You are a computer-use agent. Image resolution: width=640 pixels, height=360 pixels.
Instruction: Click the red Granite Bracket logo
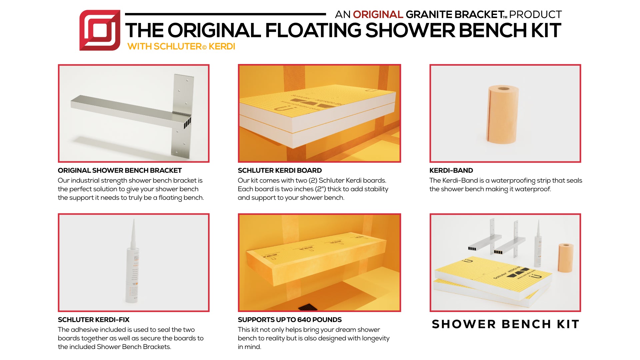pyautogui.click(x=100, y=30)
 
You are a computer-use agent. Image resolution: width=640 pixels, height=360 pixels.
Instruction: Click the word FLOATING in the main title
pyautogui.click(x=313, y=30)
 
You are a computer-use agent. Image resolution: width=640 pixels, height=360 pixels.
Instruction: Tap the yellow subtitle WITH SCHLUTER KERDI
pyautogui.click(x=181, y=46)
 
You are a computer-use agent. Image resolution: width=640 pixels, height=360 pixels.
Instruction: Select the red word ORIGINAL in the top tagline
pyautogui.click(x=378, y=15)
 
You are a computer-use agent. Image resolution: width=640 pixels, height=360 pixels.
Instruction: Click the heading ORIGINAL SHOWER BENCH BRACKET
pyautogui.click(x=120, y=170)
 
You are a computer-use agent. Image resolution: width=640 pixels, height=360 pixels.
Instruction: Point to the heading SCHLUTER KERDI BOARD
pyautogui.click(x=280, y=170)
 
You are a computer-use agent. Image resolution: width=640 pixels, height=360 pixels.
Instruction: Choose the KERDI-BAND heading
pyautogui.click(x=451, y=170)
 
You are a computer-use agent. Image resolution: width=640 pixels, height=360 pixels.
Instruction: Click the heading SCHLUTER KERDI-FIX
pyautogui.click(x=93, y=320)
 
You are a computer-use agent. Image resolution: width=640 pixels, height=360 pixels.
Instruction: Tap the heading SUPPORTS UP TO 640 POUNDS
pyautogui.click(x=290, y=320)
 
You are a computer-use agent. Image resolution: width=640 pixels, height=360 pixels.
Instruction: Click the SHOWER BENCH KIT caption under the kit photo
pyautogui.click(x=505, y=324)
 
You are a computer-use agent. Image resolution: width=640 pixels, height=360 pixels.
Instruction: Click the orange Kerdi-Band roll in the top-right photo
pyautogui.click(x=503, y=114)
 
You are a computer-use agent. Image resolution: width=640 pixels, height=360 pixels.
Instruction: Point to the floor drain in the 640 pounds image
pyautogui.click(x=309, y=307)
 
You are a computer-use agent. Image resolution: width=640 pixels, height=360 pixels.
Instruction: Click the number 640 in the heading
pyautogui.click(x=304, y=320)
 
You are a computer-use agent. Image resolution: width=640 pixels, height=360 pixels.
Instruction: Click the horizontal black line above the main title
pyautogui.click(x=225, y=14)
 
